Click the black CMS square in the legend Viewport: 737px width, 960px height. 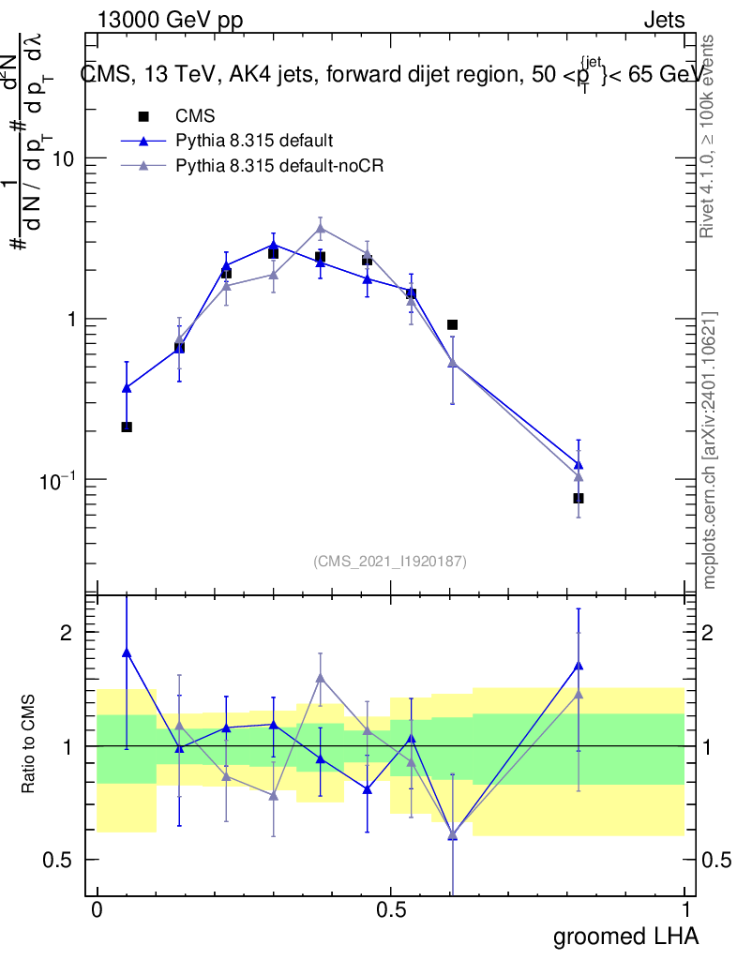[143, 116]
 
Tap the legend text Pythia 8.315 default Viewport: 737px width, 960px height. [254, 141]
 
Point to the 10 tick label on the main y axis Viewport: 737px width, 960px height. [63, 158]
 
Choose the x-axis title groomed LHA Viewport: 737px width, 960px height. [625, 937]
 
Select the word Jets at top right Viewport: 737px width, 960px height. [664, 21]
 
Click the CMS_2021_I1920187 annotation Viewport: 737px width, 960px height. [390, 561]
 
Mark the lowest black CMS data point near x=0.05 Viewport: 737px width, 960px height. [127, 427]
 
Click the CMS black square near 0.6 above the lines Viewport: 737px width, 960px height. [452, 324]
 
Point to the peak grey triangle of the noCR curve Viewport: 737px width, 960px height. [320, 228]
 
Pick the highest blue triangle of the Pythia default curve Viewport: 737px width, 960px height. [273, 244]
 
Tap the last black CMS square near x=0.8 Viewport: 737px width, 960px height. [579, 498]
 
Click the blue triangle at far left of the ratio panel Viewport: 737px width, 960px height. [127, 652]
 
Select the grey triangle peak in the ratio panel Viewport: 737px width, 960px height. [320, 677]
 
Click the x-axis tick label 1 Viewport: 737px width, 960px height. [685, 908]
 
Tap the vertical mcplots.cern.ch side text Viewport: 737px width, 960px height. [710, 450]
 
